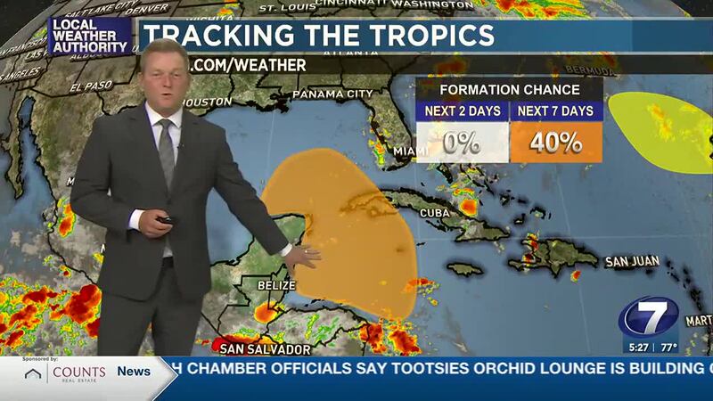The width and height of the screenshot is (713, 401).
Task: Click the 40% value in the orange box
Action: [555, 142]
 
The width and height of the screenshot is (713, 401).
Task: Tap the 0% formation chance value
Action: [463, 143]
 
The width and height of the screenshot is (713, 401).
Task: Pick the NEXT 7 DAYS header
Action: [556, 111]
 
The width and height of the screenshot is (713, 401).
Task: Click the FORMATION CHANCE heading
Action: [509, 89]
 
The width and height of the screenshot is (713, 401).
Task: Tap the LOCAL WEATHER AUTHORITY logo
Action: [89, 36]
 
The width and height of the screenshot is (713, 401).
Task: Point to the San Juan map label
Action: [632, 262]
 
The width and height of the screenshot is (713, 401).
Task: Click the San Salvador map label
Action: [266, 348]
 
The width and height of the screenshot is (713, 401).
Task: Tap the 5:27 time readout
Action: [637, 348]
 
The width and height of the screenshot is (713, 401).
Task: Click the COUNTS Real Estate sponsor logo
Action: [66, 372]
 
